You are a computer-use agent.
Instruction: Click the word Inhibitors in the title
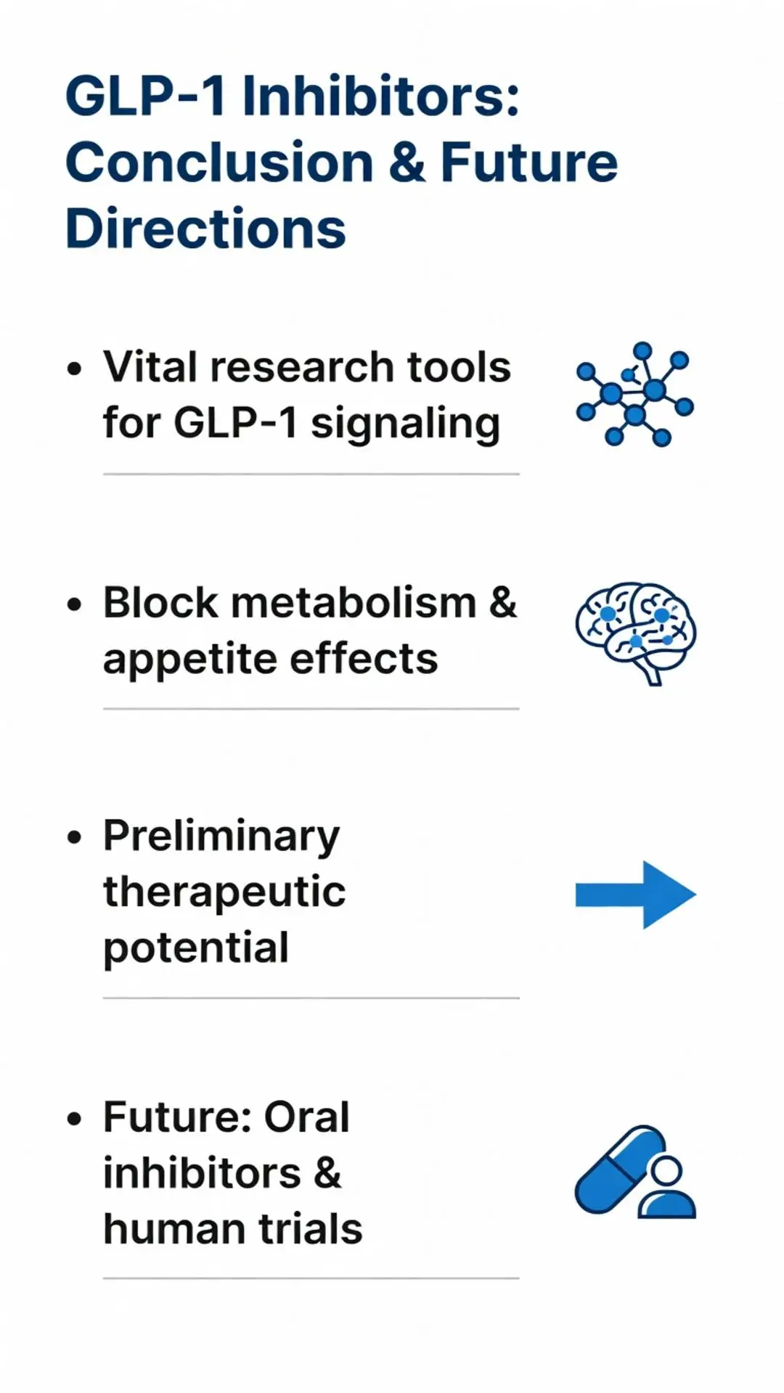380,96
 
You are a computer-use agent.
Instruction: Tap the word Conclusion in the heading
219,163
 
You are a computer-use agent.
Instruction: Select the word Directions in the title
205,229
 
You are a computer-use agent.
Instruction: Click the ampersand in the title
407,163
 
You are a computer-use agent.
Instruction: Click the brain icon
635,631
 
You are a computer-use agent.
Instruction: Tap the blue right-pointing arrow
635,895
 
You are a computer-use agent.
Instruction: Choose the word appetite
189,659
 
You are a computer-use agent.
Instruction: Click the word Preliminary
221,837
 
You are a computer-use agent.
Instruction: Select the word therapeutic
224,892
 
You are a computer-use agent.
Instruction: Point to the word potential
196,948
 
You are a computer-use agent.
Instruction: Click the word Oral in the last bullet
306,1117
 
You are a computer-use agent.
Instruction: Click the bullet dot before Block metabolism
74,604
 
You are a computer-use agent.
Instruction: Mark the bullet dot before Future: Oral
74,1119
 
